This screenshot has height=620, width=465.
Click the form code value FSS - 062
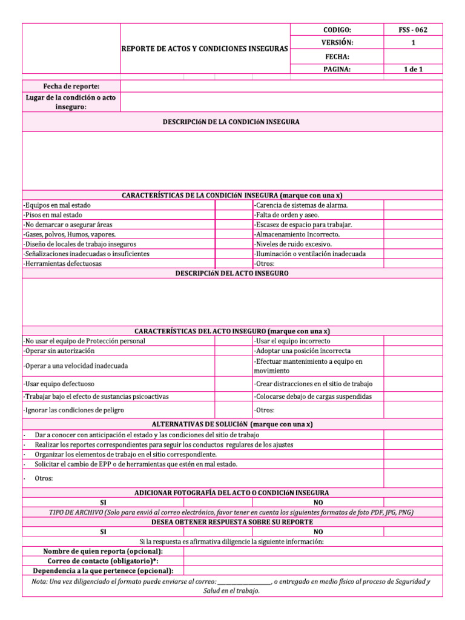click(x=413, y=30)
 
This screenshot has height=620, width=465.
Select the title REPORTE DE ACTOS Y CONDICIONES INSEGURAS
click(x=205, y=47)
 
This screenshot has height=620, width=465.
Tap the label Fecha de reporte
click(x=71, y=86)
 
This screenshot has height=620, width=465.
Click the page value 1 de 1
click(x=413, y=69)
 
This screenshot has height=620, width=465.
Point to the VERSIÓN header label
click(x=337, y=42)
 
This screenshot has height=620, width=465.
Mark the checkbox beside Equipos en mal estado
click(x=233, y=205)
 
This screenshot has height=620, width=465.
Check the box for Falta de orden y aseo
click(x=413, y=215)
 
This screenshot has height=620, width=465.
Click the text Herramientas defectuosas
click(x=62, y=263)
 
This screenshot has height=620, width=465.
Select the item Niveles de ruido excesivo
click(x=294, y=244)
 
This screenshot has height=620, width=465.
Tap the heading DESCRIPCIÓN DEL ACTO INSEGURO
click(x=232, y=274)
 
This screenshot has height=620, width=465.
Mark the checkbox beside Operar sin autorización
click(x=233, y=351)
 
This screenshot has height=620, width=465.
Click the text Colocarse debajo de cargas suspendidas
click(x=312, y=397)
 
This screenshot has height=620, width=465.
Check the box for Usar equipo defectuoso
click(x=233, y=384)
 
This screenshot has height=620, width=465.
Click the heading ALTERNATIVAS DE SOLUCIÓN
click(x=232, y=424)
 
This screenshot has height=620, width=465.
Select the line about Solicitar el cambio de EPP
click(x=136, y=464)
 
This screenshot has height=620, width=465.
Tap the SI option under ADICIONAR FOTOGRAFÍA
click(x=103, y=503)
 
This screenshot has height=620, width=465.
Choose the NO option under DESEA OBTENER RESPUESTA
click(x=318, y=532)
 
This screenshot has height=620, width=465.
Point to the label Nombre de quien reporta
click(x=103, y=551)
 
